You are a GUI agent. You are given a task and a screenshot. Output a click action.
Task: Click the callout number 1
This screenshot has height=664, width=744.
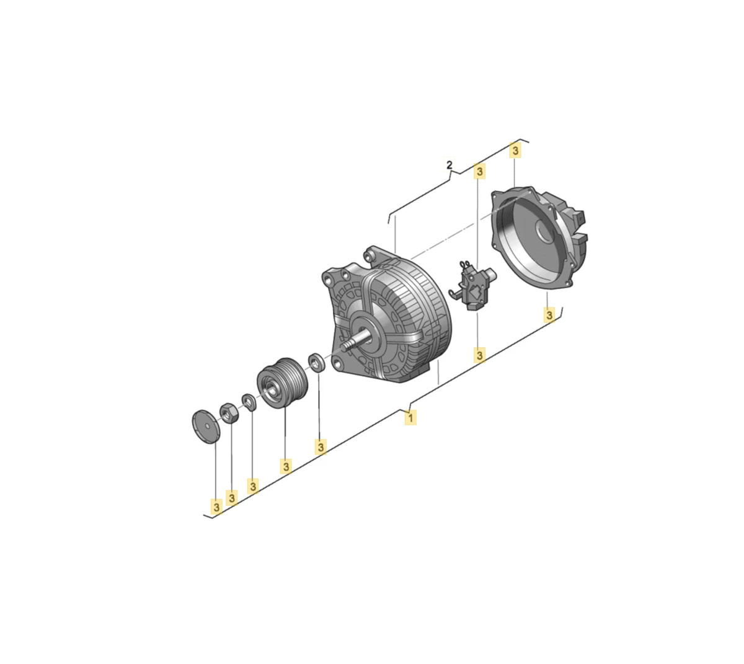(x=410, y=418)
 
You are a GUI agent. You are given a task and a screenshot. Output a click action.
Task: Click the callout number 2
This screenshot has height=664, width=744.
(x=449, y=165)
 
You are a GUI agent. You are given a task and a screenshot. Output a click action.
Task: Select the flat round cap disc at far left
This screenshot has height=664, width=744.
(x=206, y=427)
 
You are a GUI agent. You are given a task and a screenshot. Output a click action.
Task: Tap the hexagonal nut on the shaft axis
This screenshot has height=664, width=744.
(x=229, y=413)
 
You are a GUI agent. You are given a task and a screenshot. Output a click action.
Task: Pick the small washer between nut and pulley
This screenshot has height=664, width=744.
(x=249, y=402)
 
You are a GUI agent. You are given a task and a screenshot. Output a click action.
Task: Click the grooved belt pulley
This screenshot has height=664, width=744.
(x=282, y=383)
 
